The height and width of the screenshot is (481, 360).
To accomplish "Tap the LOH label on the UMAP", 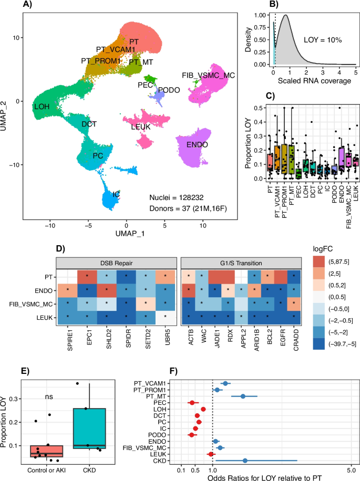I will point(42,107).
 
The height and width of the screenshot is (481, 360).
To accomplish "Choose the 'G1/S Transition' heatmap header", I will point(241,262).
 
